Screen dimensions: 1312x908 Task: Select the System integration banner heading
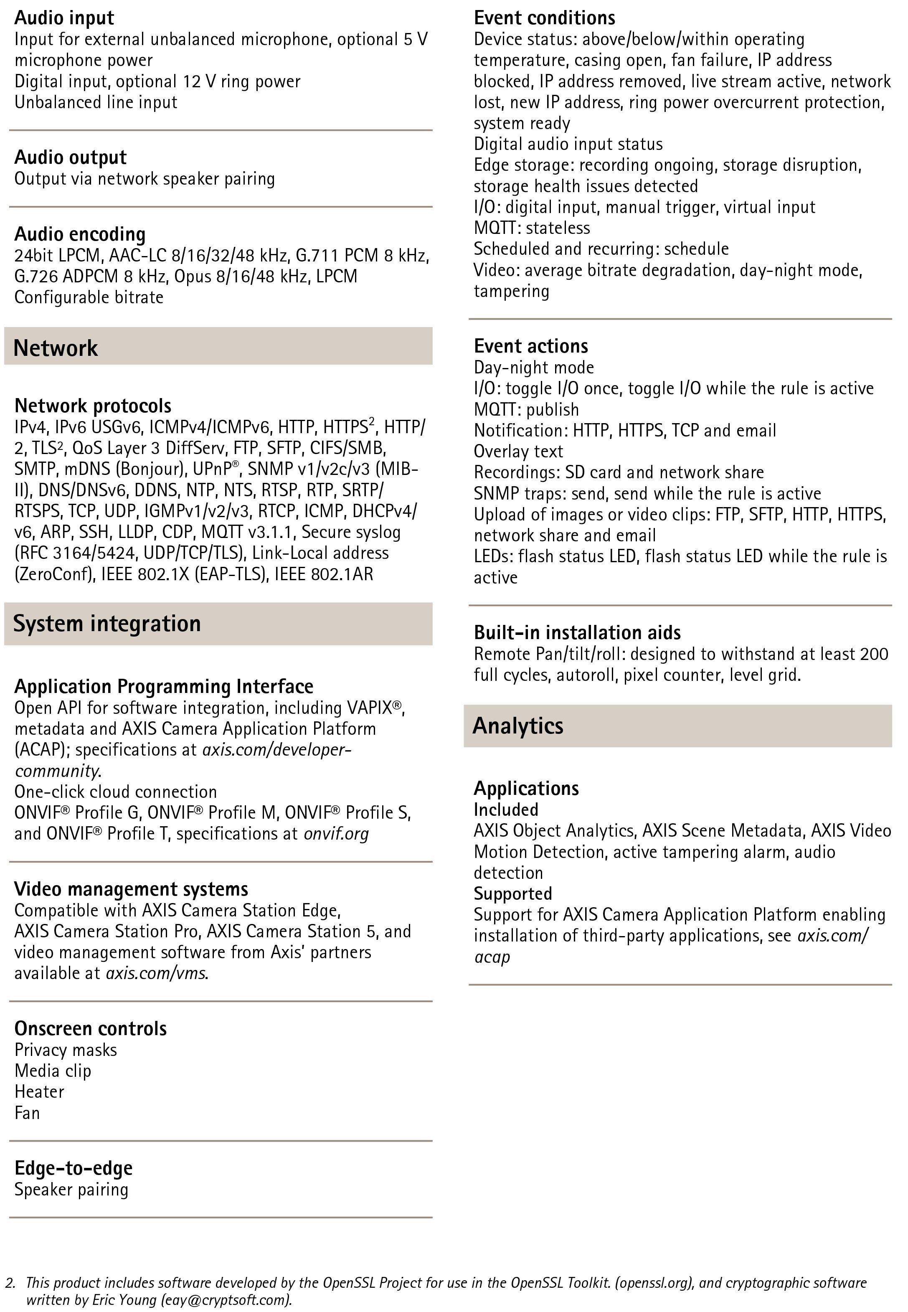pyautogui.click(x=107, y=624)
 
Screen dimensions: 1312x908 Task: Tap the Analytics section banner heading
pyautogui.click(x=518, y=726)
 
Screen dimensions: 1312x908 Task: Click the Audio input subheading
pyautogui.click(x=64, y=18)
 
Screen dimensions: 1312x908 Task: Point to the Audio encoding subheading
pyautogui.click(x=80, y=234)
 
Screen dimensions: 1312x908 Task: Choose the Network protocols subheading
pyautogui.click(x=93, y=406)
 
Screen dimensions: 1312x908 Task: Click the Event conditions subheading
pyautogui.click(x=545, y=18)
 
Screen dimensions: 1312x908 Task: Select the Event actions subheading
pyautogui.click(x=531, y=346)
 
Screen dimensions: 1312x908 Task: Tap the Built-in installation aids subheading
pyautogui.click(x=577, y=633)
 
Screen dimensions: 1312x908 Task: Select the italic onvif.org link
pyautogui.click(x=336, y=833)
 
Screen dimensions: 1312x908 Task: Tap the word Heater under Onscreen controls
pyautogui.click(x=39, y=1092)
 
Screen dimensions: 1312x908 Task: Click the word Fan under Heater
pyautogui.click(x=27, y=1113)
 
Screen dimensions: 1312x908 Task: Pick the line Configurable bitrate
pyautogui.click(x=89, y=297)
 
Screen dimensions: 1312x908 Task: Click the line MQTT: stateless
pyautogui.click(x=532, y=228)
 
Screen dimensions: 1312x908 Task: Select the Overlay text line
pyautogui.click(x=518, y=451)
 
